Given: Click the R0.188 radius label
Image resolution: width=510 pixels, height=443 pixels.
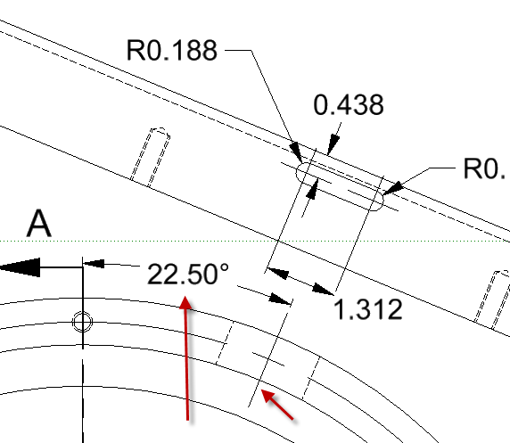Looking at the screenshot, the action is (172, 50).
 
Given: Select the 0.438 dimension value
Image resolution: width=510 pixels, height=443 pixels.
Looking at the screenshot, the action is (349, 104).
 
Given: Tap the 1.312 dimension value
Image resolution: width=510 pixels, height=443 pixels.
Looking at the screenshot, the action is (368, 309).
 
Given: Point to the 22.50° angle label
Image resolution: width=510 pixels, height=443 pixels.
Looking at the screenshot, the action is (188, 274).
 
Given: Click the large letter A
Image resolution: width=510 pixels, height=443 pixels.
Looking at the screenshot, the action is (38, 224).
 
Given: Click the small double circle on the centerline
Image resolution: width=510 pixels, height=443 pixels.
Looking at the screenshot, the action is (82, 322).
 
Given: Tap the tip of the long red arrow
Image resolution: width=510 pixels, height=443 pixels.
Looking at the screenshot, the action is (185, 296).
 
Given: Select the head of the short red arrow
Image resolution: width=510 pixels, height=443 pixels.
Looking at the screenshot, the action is (267, 395).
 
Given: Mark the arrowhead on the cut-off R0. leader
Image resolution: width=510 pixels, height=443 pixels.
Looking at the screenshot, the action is (393, 189).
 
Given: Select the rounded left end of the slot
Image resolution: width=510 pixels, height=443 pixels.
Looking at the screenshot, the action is (300, 172).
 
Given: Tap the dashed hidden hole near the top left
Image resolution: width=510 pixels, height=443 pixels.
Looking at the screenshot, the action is (151, 157).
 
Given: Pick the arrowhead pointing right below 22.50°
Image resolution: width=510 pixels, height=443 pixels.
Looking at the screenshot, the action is (279, 299).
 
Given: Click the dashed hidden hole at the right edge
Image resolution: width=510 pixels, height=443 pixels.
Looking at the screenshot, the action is (492, 299).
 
